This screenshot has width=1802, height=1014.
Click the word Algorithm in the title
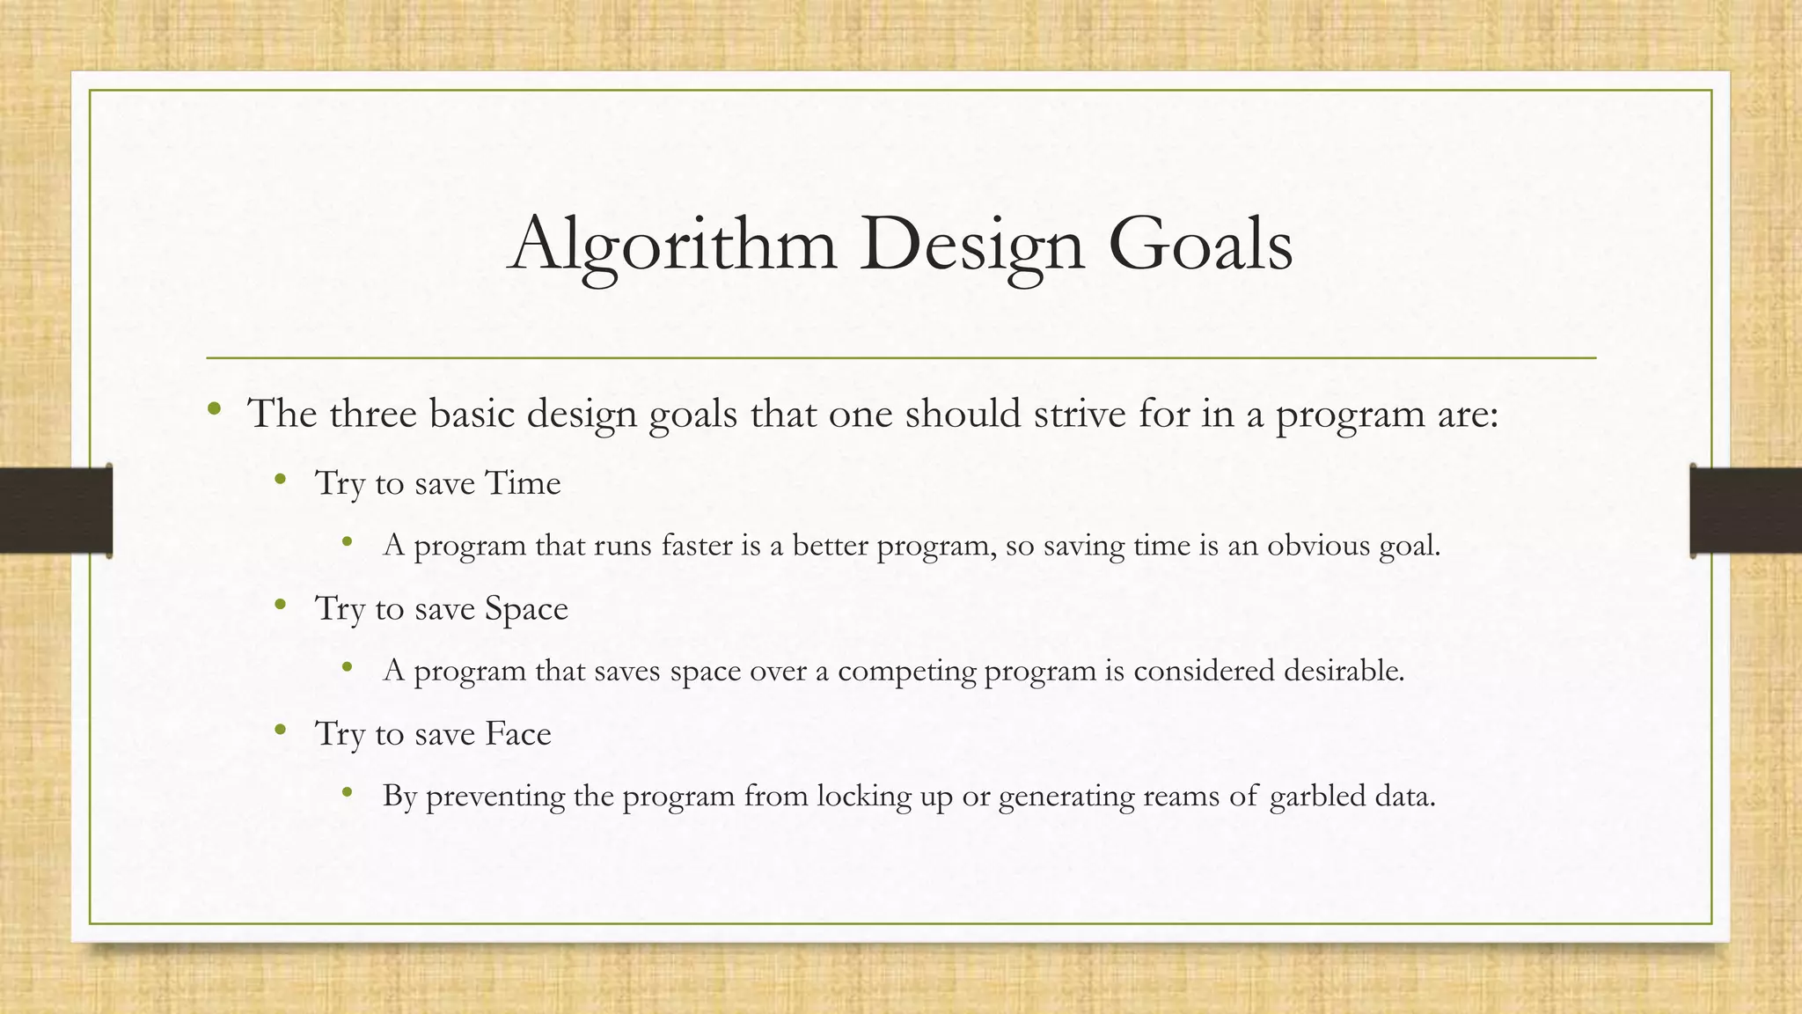pos(673,245)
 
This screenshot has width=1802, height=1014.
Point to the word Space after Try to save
pos(526,608)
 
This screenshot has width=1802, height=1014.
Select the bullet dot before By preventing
pos(348,792)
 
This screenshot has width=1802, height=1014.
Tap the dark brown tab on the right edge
pos(1746,511)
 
